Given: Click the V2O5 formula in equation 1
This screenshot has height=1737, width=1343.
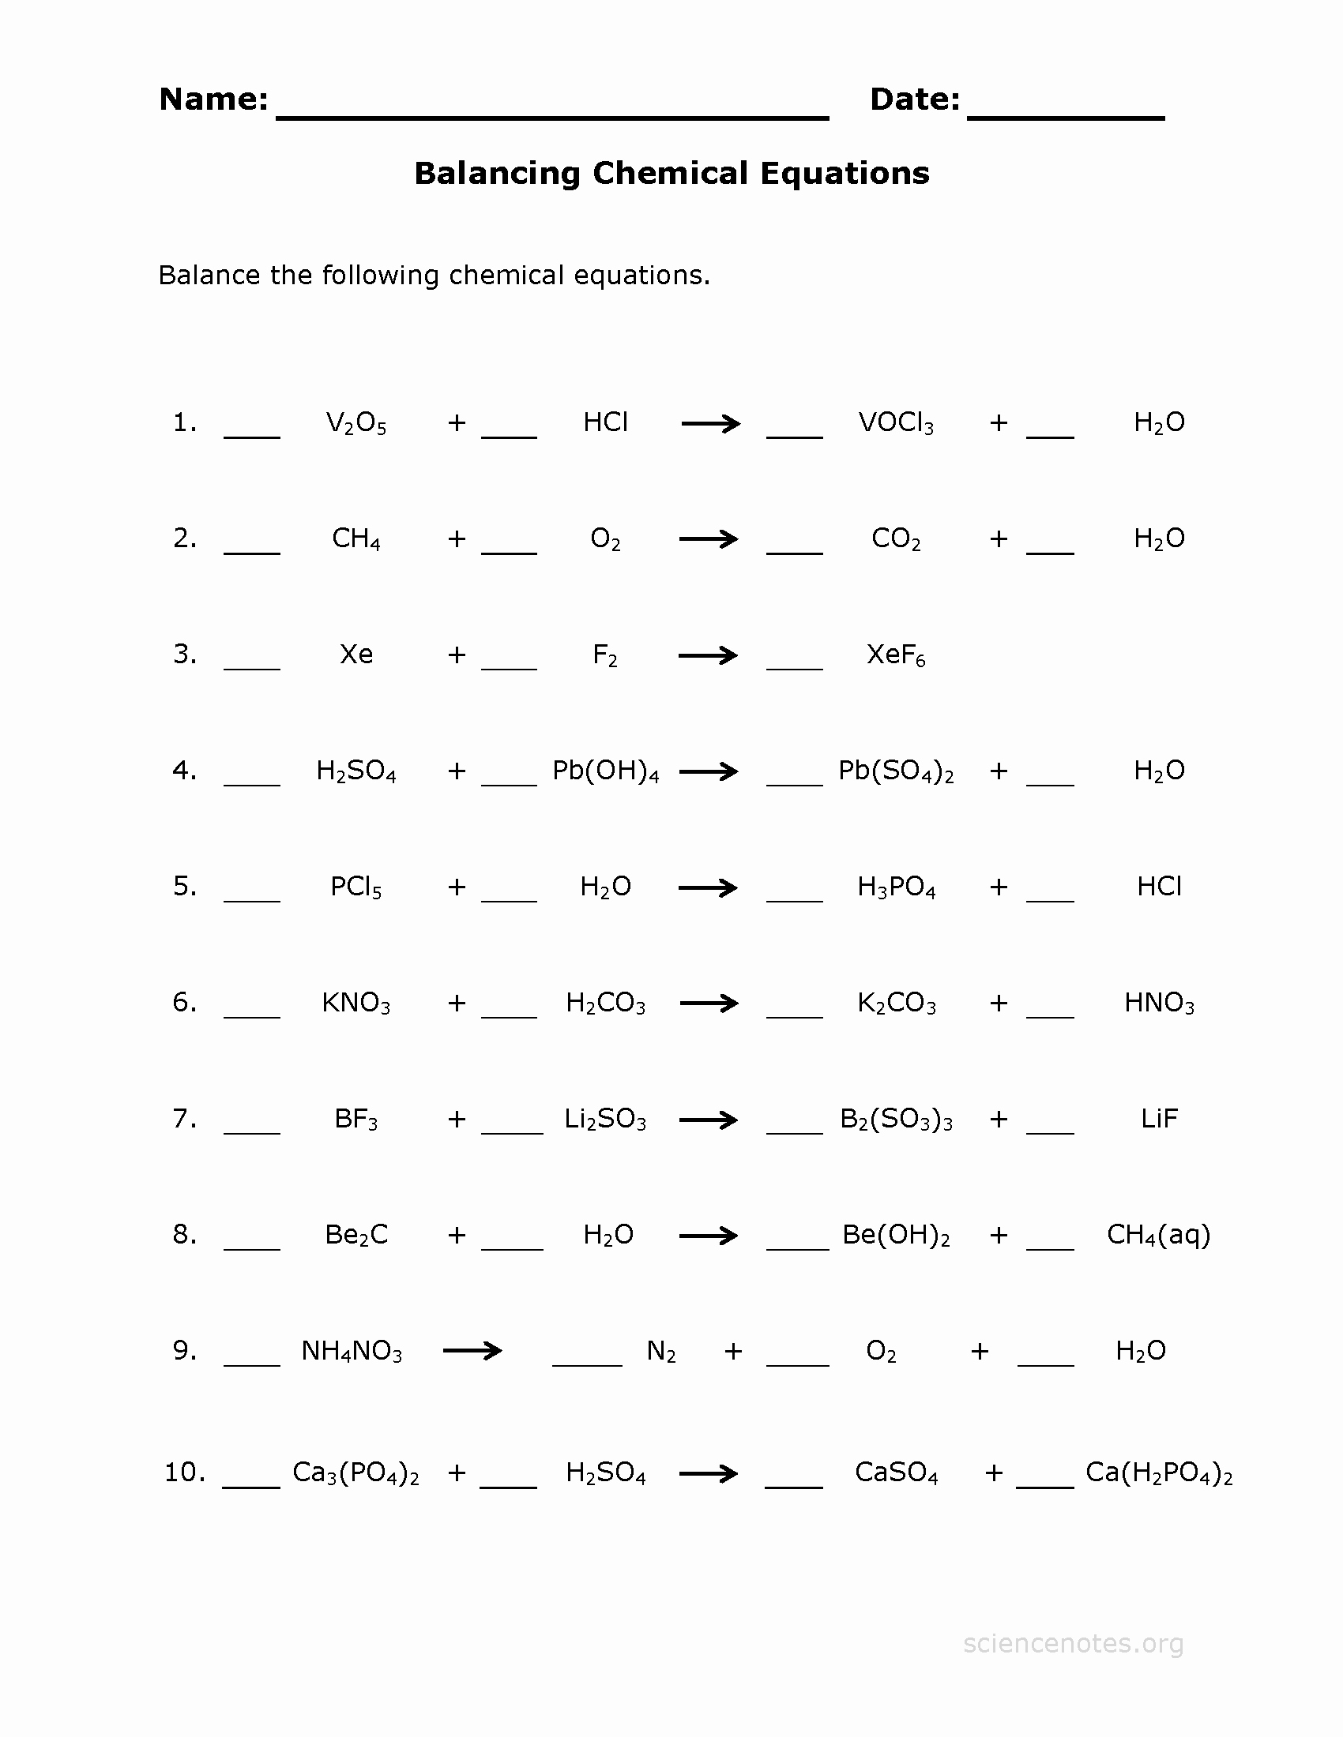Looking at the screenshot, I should click(x=355, y=423).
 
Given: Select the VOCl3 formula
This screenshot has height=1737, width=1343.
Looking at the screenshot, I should click(x=896, y=423).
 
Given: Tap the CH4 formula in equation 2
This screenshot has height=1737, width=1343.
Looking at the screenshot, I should click(x=355, y=539).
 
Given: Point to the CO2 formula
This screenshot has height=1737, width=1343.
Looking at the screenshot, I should click(x=896, y=539).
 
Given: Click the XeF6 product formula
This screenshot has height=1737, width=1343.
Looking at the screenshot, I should click(x=896, y=655).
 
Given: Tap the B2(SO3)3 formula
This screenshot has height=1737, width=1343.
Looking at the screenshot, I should click(x=896, y=1120).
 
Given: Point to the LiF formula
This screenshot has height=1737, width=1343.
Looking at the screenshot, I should click(x=1158, y=1119).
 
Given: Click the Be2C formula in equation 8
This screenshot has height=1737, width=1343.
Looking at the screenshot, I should click(x=355, y=1235).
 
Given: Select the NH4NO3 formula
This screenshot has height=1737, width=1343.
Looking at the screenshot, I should click(x=351, y=1351).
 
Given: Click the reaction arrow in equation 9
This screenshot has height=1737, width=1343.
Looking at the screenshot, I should click(x=472, y=1350).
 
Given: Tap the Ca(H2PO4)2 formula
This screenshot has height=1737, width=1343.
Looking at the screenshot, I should click(x=1158, y=1473).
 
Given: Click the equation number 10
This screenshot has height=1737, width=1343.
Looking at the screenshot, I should click(x=184, y=1473).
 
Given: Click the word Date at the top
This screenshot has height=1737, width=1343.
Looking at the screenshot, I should click(x=914, y=99).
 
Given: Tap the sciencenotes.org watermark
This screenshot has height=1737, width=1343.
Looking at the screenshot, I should click(x=1073, y=1643).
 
